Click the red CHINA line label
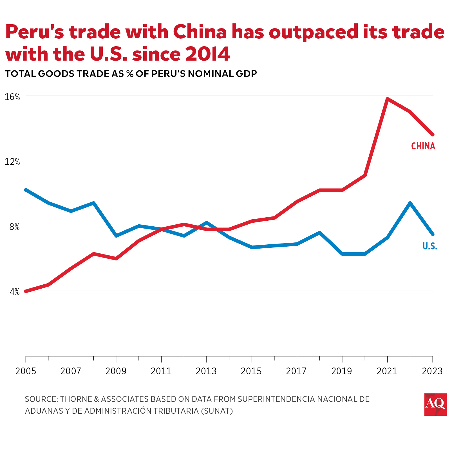[x=423, y=146]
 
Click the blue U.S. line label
[x=429, y=246]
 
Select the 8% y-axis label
[x=14, y=227]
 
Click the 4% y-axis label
[x=14, y=292]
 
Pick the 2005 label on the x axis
[x=26, y=371]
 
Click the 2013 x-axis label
[x=206, y=371]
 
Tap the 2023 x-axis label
[x=432, y=371]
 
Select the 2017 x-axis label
[x=296, y=371]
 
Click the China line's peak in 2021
[x=388, y=99]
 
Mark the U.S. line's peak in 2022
[x=410, y=203]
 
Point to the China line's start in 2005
[x=26, y=291]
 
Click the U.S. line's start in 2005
[x=26, y=190]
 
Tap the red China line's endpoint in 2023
[x=433, y=135]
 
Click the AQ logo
[x=435, y=404]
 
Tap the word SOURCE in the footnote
[x=41, y=399]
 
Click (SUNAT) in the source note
[x=217, y=411]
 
